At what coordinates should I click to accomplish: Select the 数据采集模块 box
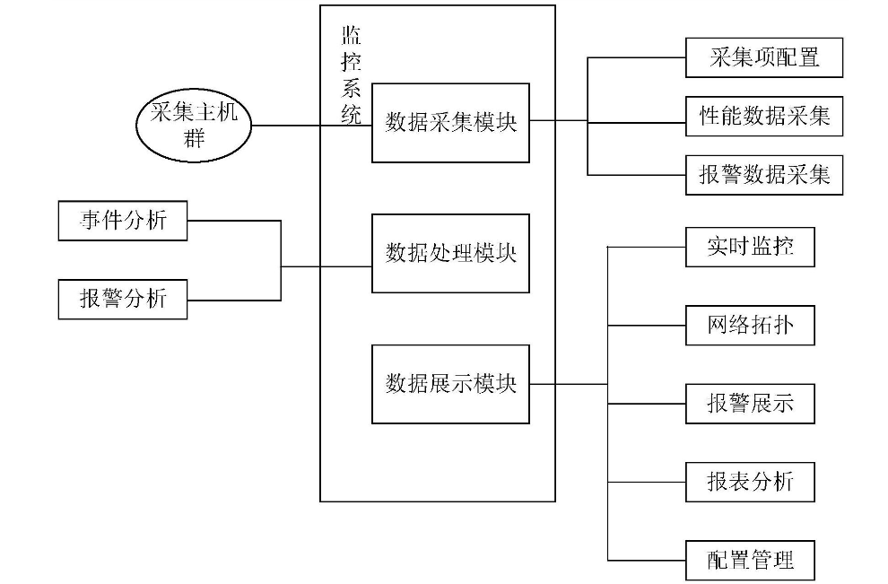(x=450, y=123)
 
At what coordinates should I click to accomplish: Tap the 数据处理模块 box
(x=450, y=253)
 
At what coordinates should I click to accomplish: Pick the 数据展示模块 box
(x=450, y=384)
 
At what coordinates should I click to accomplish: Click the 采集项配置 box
(x=764, y=58)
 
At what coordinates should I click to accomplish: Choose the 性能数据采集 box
(x=764, y=117)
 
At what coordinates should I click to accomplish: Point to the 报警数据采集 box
(x=764, y=175)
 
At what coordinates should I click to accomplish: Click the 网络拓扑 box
(x=750, y=325)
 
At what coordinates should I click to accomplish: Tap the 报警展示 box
(x=750, y=403)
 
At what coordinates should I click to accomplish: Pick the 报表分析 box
(x=750, y=482)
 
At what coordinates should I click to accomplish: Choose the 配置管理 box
(x=750, y=561)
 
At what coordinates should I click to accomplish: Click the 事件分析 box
(x=123, y=221)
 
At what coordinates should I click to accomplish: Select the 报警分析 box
(x=123, y=299)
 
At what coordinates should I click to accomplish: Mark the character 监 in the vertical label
(x=352, y=37)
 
